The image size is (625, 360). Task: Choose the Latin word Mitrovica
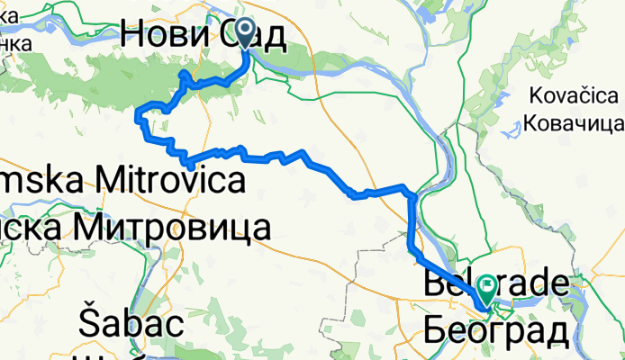[162, 181]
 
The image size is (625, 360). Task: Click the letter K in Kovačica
[534, 95]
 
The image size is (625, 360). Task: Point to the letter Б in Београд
[433, 330]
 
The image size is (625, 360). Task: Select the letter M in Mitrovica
[96, 181]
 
